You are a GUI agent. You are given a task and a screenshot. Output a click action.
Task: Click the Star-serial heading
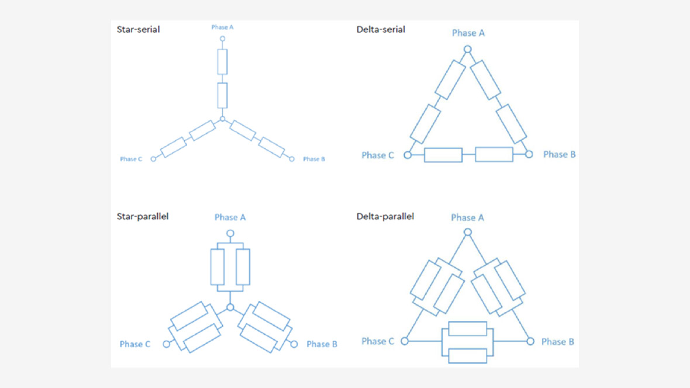coord(138,29)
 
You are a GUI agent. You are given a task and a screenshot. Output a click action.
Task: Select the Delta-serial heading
coord(381,29)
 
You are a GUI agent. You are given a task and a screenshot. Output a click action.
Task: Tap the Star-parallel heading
coord(143,216)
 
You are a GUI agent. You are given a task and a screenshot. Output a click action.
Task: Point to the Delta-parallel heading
coord(385,216)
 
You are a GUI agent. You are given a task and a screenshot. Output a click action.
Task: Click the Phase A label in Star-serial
coord(222,27)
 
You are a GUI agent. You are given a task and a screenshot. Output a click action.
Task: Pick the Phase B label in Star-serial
coord(314,160)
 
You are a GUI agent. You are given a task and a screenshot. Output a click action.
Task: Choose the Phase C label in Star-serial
coord(131,160)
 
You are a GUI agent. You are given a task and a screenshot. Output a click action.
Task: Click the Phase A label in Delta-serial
coord(468,33)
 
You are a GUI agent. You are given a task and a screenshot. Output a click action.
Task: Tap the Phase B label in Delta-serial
coord(559,154)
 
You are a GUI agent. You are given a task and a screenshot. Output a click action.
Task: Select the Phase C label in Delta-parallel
coord(378,341)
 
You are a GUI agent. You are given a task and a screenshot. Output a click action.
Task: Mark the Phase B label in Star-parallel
coord(322,344)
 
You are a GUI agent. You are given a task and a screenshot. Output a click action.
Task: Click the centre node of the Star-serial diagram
coord(223,119)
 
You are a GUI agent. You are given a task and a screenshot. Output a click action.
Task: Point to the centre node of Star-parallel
coord(230,307)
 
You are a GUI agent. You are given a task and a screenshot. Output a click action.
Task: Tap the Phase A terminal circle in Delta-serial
coord(468,49)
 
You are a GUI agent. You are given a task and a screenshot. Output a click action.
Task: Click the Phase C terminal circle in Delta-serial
coord(408,155)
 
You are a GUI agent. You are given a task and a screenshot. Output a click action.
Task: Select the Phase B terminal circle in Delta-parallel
coord(530,341)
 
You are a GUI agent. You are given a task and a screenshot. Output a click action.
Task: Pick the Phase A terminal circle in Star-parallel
coord(230,233)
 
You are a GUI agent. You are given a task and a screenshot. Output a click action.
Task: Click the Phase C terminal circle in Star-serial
coord(153,160)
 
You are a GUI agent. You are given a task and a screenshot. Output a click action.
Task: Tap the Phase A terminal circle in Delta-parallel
coord(468,232)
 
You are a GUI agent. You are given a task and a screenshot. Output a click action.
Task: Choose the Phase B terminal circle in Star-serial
coord(292,160)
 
